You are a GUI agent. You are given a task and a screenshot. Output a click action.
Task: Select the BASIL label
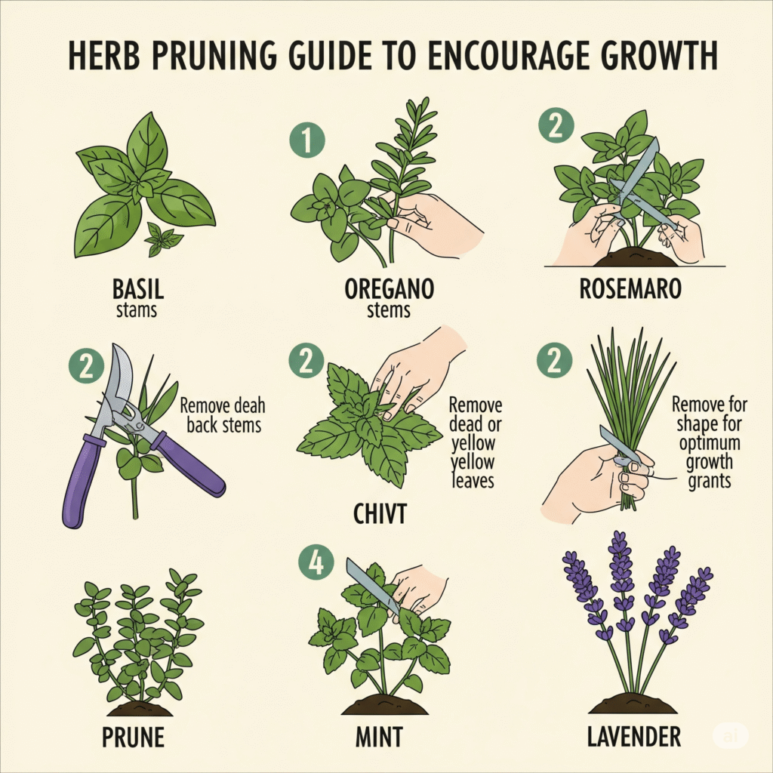(138, 289)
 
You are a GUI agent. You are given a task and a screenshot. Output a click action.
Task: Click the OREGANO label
(389, 289)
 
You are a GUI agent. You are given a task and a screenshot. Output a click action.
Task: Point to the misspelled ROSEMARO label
(630, 289)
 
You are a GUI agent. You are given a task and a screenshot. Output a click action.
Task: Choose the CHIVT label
(380, 514)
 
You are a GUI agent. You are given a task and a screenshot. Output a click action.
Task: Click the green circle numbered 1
(307, 140)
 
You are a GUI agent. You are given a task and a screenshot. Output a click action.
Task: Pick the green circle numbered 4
(316, 562)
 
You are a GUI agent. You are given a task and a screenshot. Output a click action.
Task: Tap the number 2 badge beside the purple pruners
(87, 366)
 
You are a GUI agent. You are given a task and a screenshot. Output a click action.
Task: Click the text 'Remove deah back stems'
(223, 416)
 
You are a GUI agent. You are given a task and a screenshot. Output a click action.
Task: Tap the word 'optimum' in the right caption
(710, 442)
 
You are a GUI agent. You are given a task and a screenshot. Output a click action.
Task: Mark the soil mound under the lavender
(633, 704)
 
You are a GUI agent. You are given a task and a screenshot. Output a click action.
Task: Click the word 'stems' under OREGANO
(389, 310)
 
